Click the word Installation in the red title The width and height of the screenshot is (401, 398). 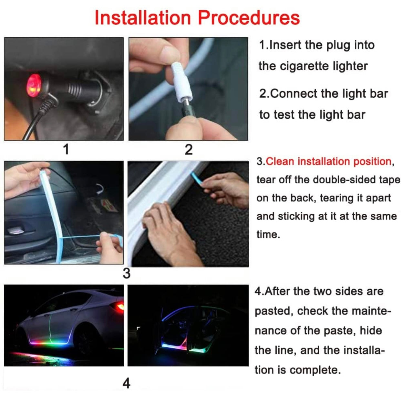pos(142,18)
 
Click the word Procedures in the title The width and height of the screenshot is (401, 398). pos(249,18)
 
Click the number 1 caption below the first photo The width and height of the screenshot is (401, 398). pos(66,149)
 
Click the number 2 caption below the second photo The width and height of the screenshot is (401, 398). pos(189,149)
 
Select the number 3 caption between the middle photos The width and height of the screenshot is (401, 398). pos(126,273)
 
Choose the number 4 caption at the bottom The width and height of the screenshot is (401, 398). pos(126,383)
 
